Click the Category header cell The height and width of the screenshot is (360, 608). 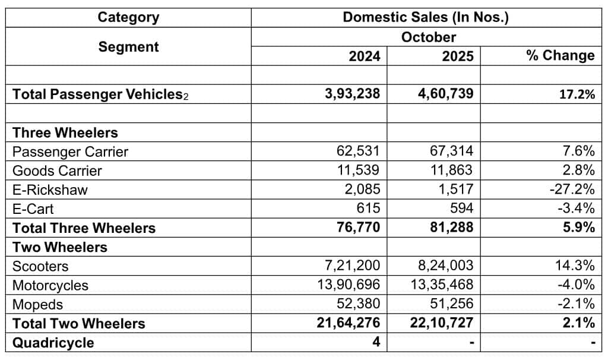point(128,17)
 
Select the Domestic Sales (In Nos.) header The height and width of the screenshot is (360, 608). point(425,17)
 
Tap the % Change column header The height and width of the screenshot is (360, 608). point(560,56)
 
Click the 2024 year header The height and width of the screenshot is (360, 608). point(364,56)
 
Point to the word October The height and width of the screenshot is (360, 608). point(428,37)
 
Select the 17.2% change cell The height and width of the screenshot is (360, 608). point(575,94)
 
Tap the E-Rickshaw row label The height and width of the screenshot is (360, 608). point(50,190)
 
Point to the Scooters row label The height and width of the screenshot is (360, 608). point(40,266)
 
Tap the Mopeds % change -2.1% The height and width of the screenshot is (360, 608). point(575,304)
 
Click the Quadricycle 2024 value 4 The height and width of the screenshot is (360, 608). point(376,342)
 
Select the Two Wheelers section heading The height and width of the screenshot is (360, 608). point(60,247)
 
